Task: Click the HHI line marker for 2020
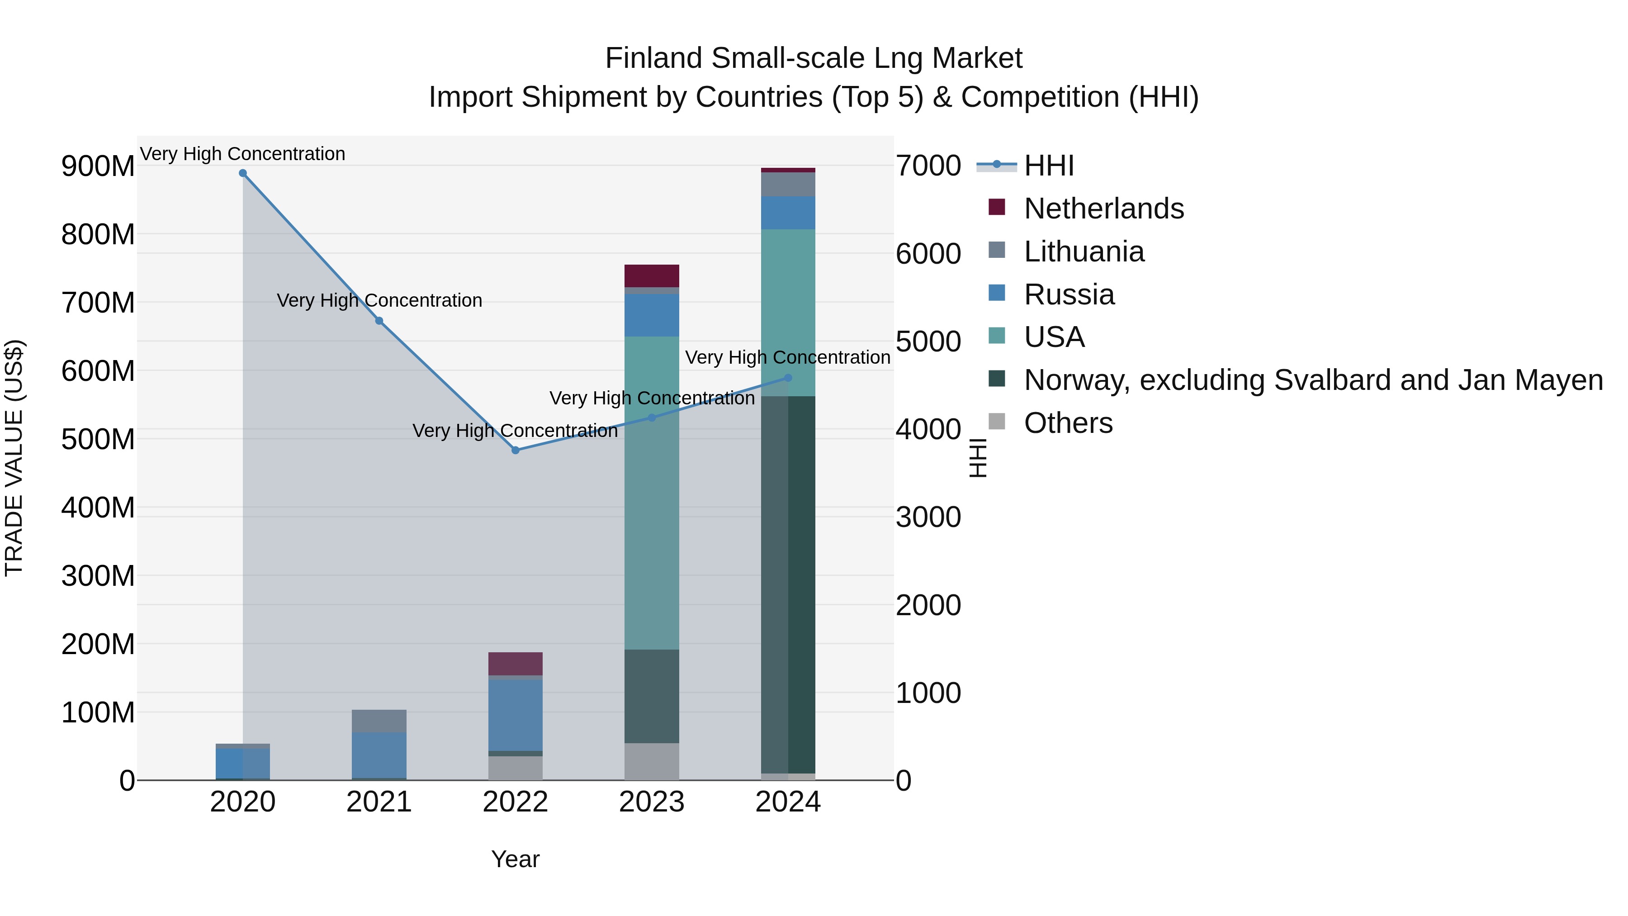pos(243,173)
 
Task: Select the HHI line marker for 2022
pos(516,450)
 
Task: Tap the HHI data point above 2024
pos(788,378)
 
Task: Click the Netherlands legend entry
pos(1103,209)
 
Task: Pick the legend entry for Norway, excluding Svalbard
pos(1313,380)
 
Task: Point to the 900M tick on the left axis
pos(98,166)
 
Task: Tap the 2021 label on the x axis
pos(379,802)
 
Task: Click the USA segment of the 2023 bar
pos(652,493)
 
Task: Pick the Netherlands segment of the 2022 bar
pos(516,664)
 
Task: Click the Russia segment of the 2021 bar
pos(379,755)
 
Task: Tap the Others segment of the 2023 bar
pos(652,761)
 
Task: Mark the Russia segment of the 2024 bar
pos(788,213)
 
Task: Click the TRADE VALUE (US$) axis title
pos(14,458)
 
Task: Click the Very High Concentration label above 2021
pos(379,300)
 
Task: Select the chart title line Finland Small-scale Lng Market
pos(814,58)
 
